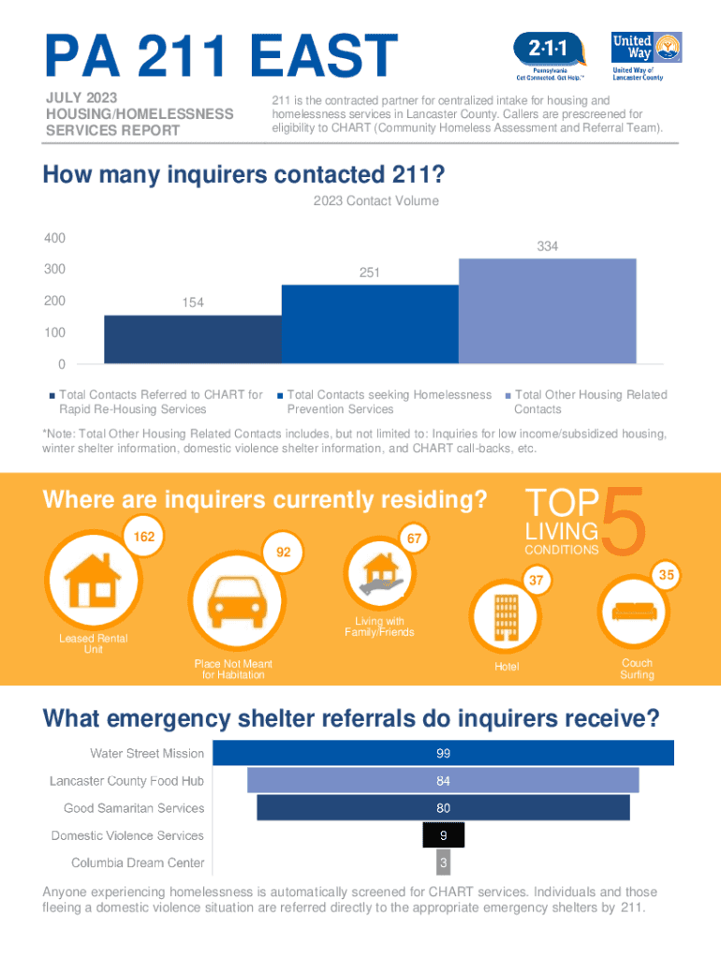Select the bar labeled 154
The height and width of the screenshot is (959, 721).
click(192, 339)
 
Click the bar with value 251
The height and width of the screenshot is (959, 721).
click(370, 324)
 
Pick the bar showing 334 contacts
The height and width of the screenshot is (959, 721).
click(547, 310)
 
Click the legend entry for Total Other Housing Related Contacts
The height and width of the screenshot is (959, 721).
click(590, 402)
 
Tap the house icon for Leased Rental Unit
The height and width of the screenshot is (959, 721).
click(95, 582)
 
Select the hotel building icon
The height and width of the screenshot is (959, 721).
click(506, 614)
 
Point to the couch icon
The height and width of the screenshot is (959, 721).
click(635, 612)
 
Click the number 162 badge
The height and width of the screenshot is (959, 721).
click(144, 538)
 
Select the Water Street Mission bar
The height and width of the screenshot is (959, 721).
click(443, 754)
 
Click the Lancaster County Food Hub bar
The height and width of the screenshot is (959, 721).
click(443, 781)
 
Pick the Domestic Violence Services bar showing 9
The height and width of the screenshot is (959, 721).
click(443, 835)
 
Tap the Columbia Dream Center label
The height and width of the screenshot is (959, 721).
click(138, 863)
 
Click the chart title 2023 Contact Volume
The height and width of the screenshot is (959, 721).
click(375, 201)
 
